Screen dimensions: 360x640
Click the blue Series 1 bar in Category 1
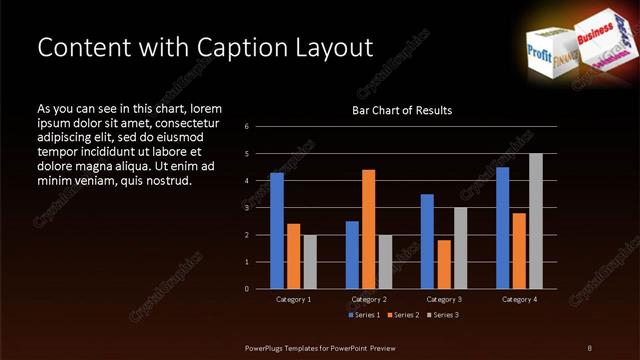(x=277, y=231)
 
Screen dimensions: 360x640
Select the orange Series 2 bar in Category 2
(x=368, y=229)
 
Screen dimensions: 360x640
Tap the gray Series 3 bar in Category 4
(x=535, y=221)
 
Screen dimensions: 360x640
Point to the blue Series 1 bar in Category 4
(x=502, y=228)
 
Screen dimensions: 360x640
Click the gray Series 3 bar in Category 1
(x=309, y=262)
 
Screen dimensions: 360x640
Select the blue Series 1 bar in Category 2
(x=352, y=255)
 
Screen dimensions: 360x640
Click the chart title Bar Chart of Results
(x=402, y=110)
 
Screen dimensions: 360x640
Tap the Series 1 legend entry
(x=364, y=314)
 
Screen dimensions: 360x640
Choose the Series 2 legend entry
(x=402, y=314)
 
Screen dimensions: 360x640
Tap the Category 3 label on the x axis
(x=443, y=299)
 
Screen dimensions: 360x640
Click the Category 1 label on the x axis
(x=293, y=299)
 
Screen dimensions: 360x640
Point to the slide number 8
(x=590, y=347)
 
